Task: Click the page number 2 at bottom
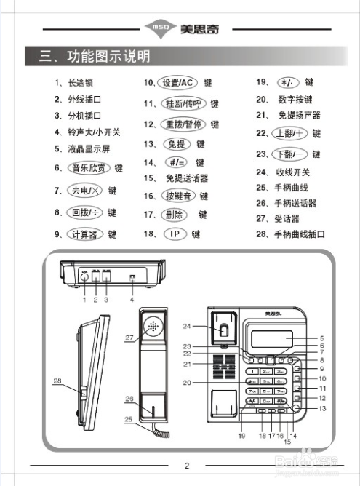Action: pyautogui.click(x=186, y=466)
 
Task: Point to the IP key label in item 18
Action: pyautogui.click(x=174, y=234)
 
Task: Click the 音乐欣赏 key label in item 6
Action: pyautogui.click(x=89, y=168)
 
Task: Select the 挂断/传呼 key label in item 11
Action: pyautogui.click(x=183, y=104)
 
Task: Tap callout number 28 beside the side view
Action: pyautogui.click(x=56, y=381)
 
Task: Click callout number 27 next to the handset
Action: pyautogui.click(x=129, y=338)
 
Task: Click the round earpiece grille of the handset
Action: pyautogui.click(x=153, y=326)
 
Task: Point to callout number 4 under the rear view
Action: pyautogui.click(x=132, y=299)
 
